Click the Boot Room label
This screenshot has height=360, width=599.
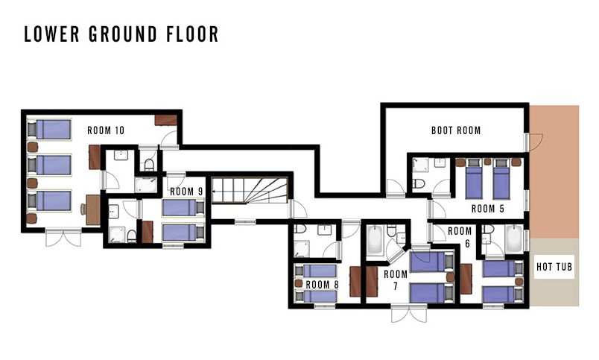point(456,130)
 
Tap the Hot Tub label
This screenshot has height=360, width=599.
point(554,267)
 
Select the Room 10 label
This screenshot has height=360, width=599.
point(106,130)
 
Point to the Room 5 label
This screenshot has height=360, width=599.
point(488,209)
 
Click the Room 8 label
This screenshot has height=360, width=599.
point(322,285)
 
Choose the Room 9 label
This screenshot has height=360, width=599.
point(186,192)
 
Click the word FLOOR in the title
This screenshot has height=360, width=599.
point(192,34)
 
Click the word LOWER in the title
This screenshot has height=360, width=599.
point(51,34)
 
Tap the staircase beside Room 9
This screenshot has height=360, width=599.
point(250,190)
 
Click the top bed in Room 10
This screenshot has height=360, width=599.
point(49,130)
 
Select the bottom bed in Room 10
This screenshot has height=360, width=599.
point(49,201)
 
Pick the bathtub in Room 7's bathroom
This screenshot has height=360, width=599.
point(375,240)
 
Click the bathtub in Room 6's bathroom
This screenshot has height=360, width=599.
point(514,239)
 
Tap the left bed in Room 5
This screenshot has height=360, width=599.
point(474,179)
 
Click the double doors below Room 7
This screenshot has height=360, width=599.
point(409,312)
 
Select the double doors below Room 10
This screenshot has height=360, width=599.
point(63,237)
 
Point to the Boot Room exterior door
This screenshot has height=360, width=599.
point(533,142)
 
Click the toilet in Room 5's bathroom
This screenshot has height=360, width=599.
point(418,184)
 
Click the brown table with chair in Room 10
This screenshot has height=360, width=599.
point(91,209)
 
